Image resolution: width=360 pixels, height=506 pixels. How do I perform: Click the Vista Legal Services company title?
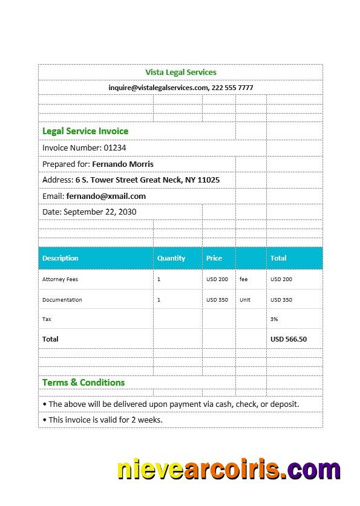(180, 73)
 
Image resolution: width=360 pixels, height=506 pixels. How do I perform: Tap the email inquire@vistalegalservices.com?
(158, 88)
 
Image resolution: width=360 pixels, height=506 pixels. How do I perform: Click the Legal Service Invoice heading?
(85, 131)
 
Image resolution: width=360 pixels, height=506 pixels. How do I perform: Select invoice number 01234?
(114, 148)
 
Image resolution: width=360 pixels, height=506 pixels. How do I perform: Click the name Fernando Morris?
(123, 164)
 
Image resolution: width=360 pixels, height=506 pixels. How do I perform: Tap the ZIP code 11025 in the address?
(209, 180)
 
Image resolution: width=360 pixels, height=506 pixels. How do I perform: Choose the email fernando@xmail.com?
(106, 196)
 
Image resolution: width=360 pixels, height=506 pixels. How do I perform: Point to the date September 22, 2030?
(100, 212)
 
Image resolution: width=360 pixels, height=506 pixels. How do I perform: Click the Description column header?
(61, 258)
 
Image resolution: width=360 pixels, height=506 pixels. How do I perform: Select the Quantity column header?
(171, 258)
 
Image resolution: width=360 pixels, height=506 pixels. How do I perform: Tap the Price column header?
(214, 258)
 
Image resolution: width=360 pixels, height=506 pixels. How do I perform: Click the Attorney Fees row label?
(60, 279)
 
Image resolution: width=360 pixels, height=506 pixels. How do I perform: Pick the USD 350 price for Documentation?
(217, 300)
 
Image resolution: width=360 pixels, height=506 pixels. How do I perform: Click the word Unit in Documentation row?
(245, 300)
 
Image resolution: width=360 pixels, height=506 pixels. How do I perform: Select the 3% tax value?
(274, 319)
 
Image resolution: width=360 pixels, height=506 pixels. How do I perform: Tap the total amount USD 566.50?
(289, 339)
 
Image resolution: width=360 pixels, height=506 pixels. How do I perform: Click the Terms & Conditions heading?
(83, 383)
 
